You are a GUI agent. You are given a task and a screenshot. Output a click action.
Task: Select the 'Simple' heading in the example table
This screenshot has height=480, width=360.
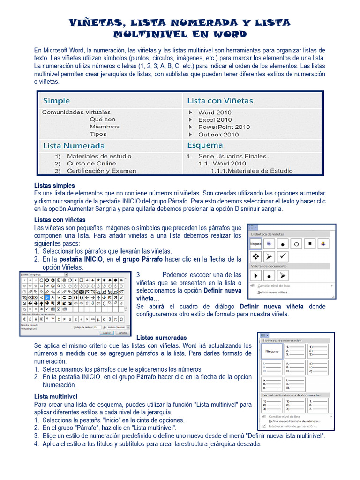pyautogui.click(x=56, y=101)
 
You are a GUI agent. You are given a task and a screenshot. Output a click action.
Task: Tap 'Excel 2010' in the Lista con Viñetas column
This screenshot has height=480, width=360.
pyautogui.click(x=215, y=120)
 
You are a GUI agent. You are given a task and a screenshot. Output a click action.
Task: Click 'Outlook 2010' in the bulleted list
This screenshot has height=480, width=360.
pyautogui.click(x=218, y=135)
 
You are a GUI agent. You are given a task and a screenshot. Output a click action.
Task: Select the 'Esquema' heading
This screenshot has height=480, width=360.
pyautogui.click(x=205, y=145)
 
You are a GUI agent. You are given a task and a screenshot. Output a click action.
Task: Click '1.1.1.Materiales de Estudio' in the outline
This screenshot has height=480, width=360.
pyautogui.click(x=251, y=171)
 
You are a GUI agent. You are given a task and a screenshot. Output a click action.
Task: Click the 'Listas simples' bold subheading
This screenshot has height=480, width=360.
pyautogui.click(x=54, y=186)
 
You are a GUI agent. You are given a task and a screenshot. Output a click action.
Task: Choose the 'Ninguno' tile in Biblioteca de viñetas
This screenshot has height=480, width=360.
pyautogui.click(x=255, y=244)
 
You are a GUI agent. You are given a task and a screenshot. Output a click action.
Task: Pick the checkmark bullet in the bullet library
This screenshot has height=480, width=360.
pyautogui.click(x=283, y=256)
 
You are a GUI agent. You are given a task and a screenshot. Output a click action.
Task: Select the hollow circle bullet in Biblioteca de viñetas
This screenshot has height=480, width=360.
pyautogui.click(x=296, y=244)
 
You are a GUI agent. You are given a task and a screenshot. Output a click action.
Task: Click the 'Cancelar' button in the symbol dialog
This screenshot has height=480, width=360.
pyautogui.click(x=122, y=332)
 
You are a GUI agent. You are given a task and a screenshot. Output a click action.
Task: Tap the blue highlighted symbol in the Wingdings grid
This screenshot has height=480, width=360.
pyautogui.click(x=47, y=297)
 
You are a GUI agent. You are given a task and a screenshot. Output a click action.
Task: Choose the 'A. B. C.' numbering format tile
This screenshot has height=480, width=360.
pyautogui.click(x=294, y=367)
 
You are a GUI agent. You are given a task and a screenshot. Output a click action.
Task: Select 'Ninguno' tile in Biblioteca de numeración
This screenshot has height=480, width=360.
pyautogui.click(x=272, y=351)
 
